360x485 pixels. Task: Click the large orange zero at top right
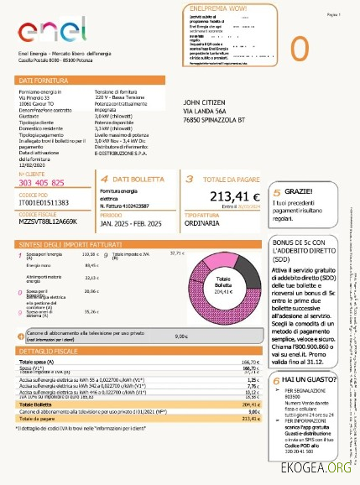pyautogui.click(x=323, y=46)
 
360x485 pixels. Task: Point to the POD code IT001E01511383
pyautogui.click(x=43, y=202)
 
